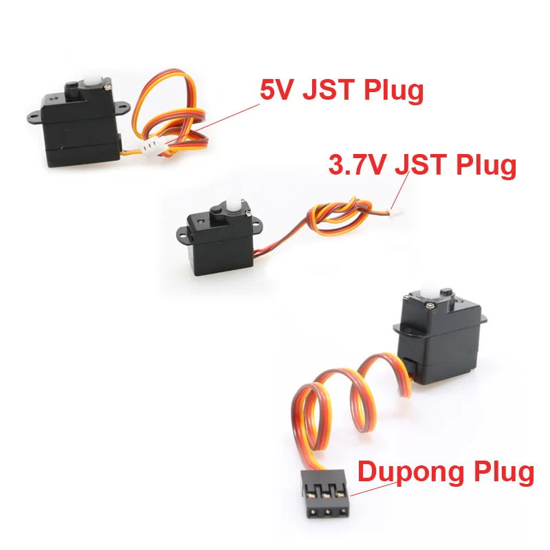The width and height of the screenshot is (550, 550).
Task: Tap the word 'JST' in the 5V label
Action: pyautogui.click(x=335, y=90)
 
